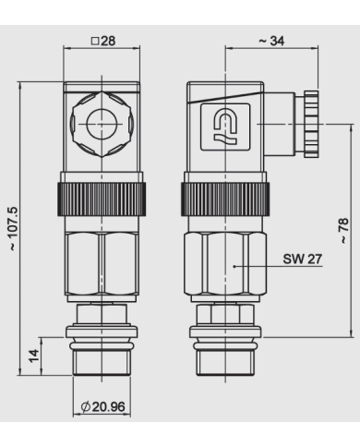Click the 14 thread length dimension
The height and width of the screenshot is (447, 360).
[33, 356]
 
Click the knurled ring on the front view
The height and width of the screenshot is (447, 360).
[102, 197]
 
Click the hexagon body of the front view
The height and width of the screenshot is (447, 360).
[102, 268]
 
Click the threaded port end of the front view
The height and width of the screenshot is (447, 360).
[102, 356]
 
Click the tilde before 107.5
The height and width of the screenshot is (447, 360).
[13, 248]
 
